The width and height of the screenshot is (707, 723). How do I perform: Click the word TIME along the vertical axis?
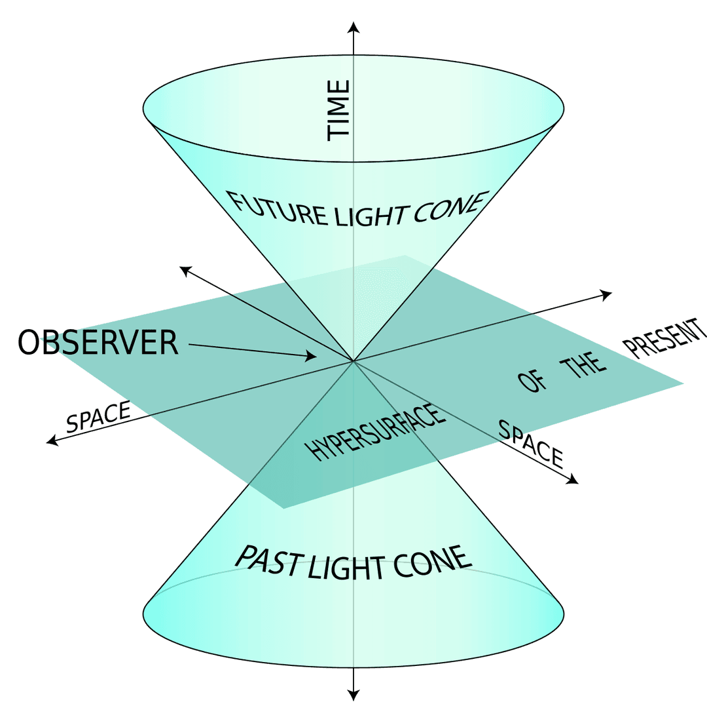click(x=339, y=109)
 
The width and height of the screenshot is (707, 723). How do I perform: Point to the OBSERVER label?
click(x=98, y=343)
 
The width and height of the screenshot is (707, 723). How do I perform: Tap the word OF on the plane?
click(x=532, y=382)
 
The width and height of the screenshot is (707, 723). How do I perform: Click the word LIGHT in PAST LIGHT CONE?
click(x=347, y=568)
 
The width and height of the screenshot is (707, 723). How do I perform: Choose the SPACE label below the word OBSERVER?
click(x=98, y=418)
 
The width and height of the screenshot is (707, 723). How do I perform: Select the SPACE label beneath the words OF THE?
click(x=530, y=443)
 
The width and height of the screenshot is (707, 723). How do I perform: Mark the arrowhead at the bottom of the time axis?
click(x=353, y=695)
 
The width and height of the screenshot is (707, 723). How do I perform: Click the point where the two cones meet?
click(x=353, y=361)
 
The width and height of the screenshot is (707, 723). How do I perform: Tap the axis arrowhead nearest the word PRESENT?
click(x=606, y=294)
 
